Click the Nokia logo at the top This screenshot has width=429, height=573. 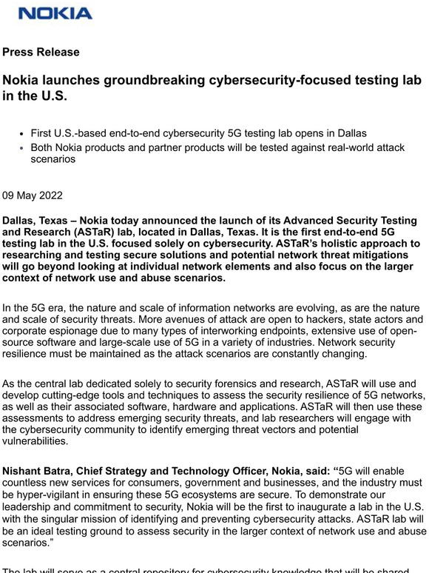[x=55, y=13]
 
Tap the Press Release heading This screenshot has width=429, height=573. [x=41, y=53]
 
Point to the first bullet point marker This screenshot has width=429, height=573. [x=21, y=134]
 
